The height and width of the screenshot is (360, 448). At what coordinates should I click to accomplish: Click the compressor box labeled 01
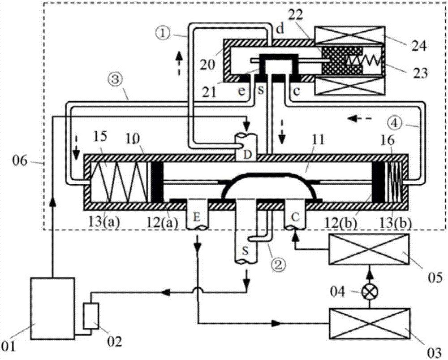(x=52, y=308)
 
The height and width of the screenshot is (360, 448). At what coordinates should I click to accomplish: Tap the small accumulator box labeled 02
(x=91, y=316)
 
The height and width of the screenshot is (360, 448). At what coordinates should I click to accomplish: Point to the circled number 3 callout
(x=116, y=80)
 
